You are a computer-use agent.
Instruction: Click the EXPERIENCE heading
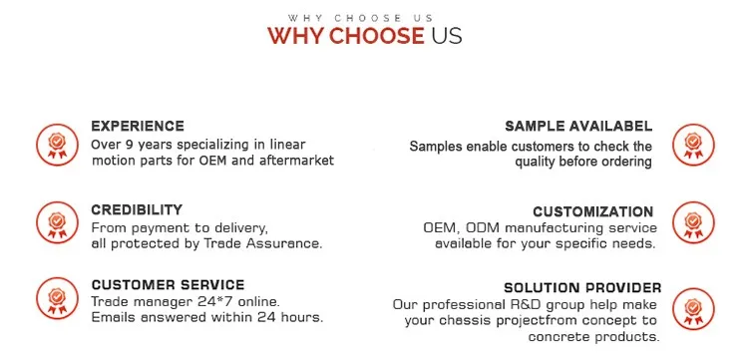(138, 127)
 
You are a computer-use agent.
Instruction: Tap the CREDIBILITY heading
(137, 209)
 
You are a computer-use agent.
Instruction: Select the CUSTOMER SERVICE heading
(168, 285)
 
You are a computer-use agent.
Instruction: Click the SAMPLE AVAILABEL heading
(578, 127)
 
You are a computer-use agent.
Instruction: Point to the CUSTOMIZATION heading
(593, 211)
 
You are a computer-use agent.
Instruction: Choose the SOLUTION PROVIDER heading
(582, 288)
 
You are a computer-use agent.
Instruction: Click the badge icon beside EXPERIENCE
(57, 145)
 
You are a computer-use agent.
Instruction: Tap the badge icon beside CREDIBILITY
(57, 222)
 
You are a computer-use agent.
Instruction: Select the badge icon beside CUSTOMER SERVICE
(57, 298)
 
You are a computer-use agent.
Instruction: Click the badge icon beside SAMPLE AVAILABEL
(693, 145)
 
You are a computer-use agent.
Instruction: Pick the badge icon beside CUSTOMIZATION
(693, 222)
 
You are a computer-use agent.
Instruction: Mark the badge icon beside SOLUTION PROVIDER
(693, 308)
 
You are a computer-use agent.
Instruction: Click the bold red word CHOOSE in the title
(376, 36)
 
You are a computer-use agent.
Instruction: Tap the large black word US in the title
(447, 36)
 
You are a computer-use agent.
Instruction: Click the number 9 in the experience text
(129, 144)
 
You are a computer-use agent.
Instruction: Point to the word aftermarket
(297, 161)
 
